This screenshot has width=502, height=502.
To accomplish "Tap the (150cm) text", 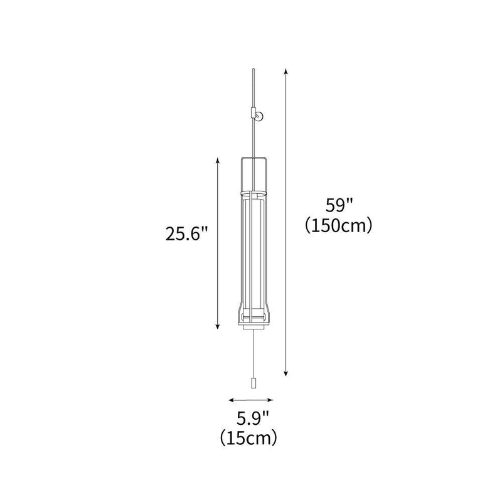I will pos(339,226).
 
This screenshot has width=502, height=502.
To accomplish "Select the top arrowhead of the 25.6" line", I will pos(218,159).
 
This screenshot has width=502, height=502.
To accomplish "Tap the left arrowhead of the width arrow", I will pos(230,399).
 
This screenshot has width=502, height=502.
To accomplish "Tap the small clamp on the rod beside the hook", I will pos(252,114).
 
